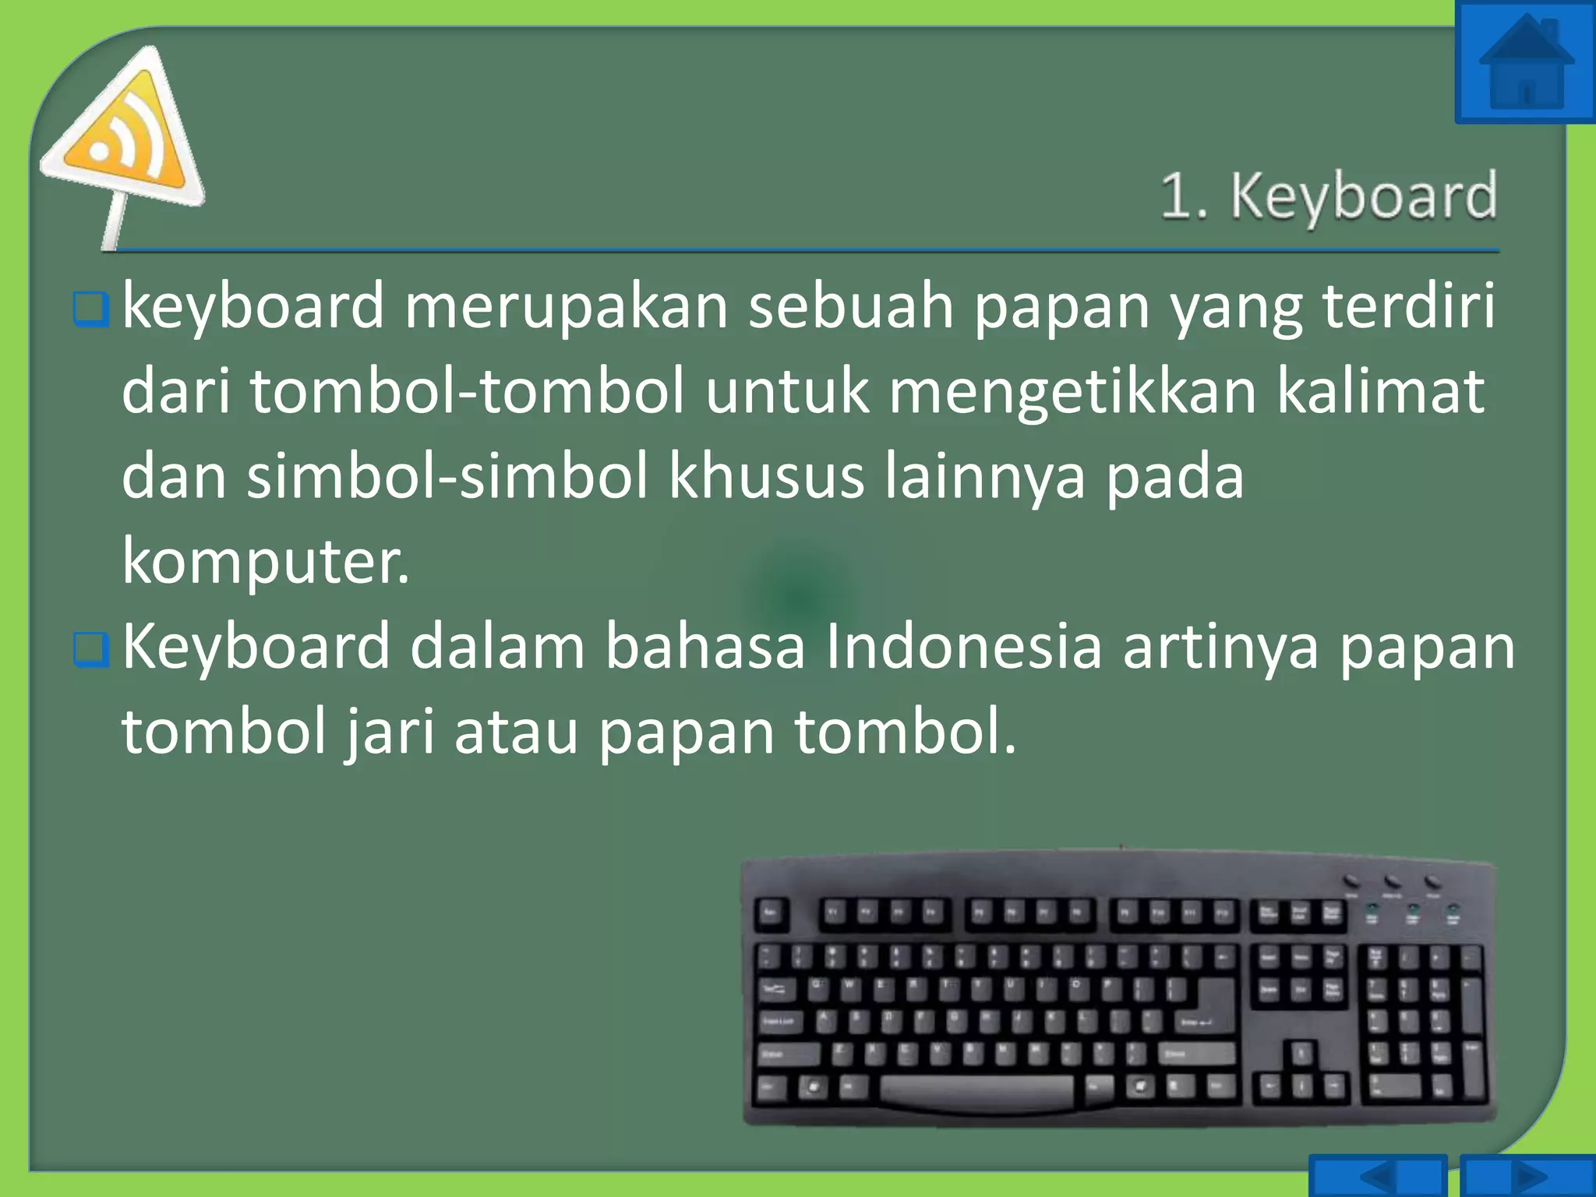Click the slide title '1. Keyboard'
click(1328, 196)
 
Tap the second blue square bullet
click(90, 650)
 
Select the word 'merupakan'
click(566, 305)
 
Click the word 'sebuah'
click(851, 305)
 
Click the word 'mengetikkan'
click(1072, 391)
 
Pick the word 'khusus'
click(766, 477)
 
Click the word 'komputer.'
click(265, 561)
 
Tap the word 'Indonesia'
click(963, 647)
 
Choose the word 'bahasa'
click(704, 647)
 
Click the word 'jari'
click(390, 733)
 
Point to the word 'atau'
click(516, 733)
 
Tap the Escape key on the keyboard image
click(771, 913)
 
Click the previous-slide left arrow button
click(1377, 1175)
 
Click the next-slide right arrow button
click(1527, 1175)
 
